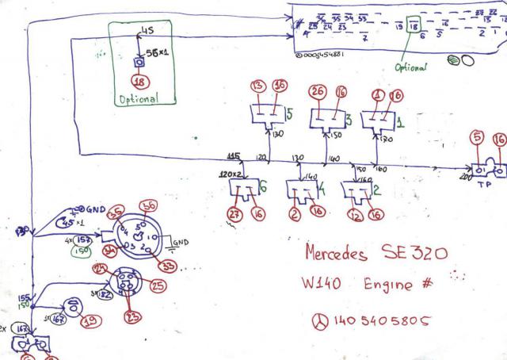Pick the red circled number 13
[257, 86]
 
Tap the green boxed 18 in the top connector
[415, 28]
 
